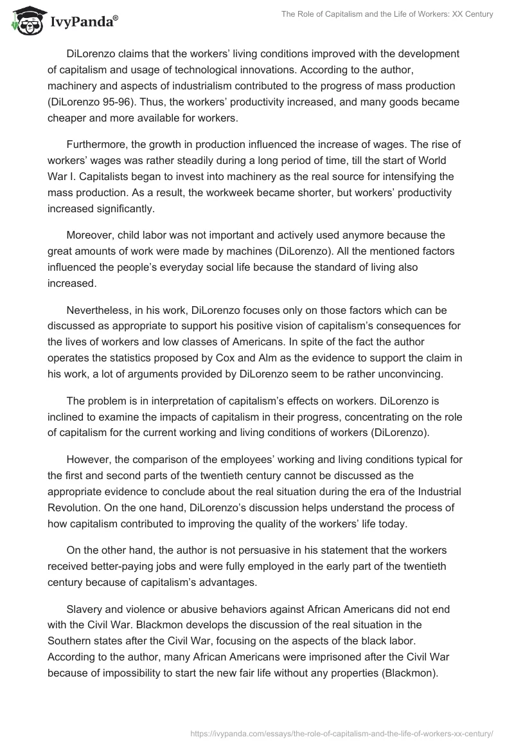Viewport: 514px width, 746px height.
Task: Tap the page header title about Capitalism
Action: (x=387, y=15)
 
